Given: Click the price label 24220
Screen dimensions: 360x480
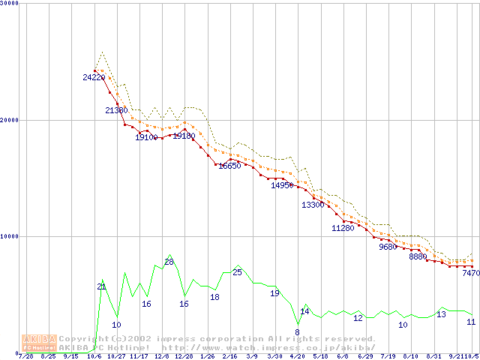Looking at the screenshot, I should (x=94, y=77).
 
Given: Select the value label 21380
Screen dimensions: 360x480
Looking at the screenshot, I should (x=117, y=110).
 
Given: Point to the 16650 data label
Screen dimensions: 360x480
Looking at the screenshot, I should (x=229, y=166).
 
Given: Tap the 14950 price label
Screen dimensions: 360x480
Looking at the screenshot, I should (x=282, y=185).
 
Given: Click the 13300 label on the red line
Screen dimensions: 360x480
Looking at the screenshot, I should (x=313, y=205).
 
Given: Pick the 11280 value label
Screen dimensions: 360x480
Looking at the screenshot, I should (x=343, y=228).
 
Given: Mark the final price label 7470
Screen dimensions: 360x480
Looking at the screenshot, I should (x=470, y=274).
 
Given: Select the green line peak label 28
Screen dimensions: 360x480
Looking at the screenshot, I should (x=169, y=262).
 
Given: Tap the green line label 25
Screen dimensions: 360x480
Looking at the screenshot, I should (x=237, y=272).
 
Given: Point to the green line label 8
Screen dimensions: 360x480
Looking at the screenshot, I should (x=297, y=332).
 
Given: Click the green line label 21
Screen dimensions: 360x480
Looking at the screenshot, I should (x=101, y=286).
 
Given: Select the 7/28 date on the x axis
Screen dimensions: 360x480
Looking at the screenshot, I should (x=25, y=356).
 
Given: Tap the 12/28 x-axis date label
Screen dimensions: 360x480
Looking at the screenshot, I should (x=184, y=356).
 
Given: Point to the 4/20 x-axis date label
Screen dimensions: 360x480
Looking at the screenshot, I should (x=297, y=356).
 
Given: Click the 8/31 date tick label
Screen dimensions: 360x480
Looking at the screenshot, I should (x=433, y=356).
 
